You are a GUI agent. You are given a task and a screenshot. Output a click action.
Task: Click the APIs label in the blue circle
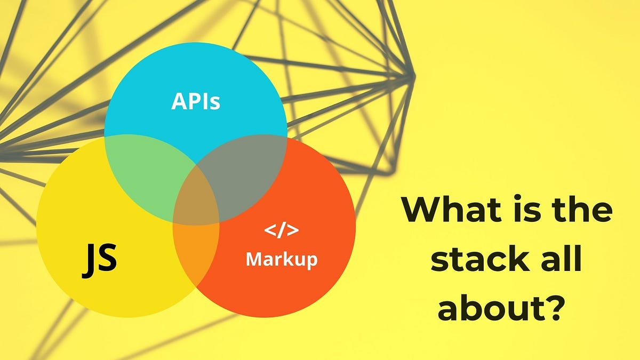pyautogui.click(x=195, y=101)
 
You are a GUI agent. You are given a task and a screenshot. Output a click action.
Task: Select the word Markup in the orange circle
pyautogui.click(x=281, y=259)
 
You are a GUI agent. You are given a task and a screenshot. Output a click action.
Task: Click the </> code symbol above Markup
pyautogui.click(x=281, y=231)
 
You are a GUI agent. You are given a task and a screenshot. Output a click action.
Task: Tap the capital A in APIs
pyautogui.click(x=179, y=101)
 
